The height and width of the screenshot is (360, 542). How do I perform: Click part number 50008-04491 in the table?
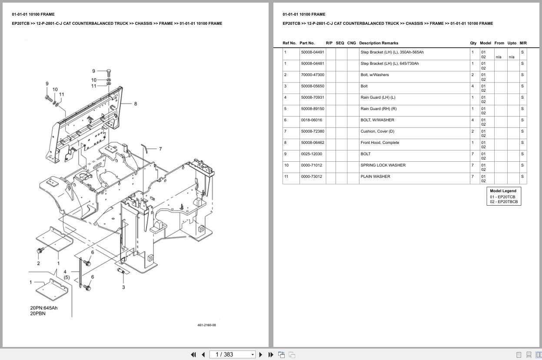coord(312,52)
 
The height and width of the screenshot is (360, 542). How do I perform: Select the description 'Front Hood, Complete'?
coord(379,143)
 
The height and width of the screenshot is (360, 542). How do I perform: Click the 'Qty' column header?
coord(473,43)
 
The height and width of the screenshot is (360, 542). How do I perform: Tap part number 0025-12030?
coord(311,154)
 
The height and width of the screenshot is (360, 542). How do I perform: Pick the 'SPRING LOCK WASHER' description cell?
coord(383,165)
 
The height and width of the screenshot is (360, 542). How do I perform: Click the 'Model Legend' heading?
coord(503,191)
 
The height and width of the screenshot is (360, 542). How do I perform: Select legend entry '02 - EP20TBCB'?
coord(504,202)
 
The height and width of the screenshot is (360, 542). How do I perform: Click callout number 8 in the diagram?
coord(136,104)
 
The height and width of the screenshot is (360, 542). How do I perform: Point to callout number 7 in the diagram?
coord(160,149)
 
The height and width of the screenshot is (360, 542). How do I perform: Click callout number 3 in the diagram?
coord(123,287)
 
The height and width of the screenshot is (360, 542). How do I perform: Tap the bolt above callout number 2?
coord(40,250)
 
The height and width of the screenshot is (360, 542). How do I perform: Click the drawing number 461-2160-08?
coord(206,325)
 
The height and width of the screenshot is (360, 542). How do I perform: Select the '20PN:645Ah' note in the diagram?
coord(43,308)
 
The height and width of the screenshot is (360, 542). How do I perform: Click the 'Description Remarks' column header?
coord(378,43)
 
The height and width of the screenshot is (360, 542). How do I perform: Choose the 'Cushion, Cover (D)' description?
coord(377,131)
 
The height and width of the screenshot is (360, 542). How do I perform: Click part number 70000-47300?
coord(312,75)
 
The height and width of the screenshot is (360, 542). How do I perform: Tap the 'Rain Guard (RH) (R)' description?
coord(378,109)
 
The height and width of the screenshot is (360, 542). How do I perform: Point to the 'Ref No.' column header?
coord(289,43)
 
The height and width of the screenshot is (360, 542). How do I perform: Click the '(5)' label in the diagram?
coord(67,277)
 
